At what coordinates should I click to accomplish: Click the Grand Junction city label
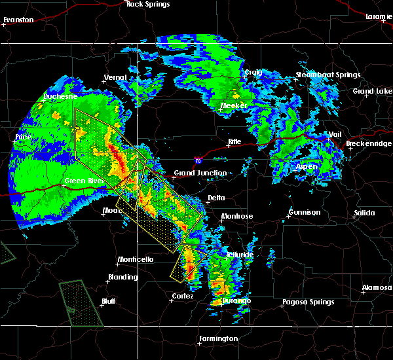pyautogui.click(x=200, y=173)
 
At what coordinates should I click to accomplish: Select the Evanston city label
pyautogui.click(x=18, y=20)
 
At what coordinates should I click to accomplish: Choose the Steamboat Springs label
pyautogui.click(x=327, y=75)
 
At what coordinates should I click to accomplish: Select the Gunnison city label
pyautogui.click(x=305, y=212)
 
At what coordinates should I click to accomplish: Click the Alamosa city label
pyautogui.click(x=377, y=288)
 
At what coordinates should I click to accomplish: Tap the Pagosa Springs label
pyautogui.click(x=308, y=302)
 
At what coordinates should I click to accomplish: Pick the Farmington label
pyautogui.click(x=218, y=338)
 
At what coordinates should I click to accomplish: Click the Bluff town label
pyautogui.click(x=108, y=301)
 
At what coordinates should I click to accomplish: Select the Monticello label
pyautogui.click(x=135, y=260)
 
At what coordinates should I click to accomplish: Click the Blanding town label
pyautogui.click(x=123, y=277)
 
